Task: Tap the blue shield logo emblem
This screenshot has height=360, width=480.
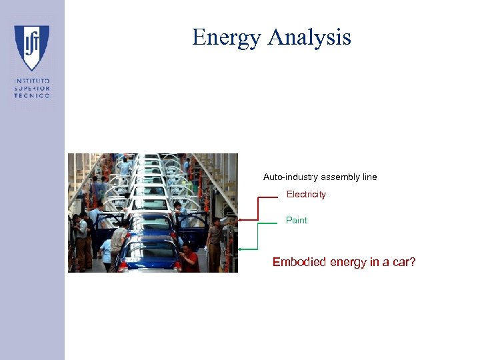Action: click(32, 47)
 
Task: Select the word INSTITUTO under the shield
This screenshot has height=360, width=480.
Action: click(32, 81)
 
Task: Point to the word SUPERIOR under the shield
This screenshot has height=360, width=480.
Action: click(32, 88)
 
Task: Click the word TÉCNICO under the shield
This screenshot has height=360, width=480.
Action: click(32, 95)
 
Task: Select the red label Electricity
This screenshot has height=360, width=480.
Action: click(306, 195)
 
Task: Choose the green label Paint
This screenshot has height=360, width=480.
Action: click(297, 220)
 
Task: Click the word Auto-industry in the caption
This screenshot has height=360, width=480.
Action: click(291, 177)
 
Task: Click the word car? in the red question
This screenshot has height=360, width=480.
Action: click(403, 263)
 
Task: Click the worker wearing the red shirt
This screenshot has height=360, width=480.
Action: click(190, 258)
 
